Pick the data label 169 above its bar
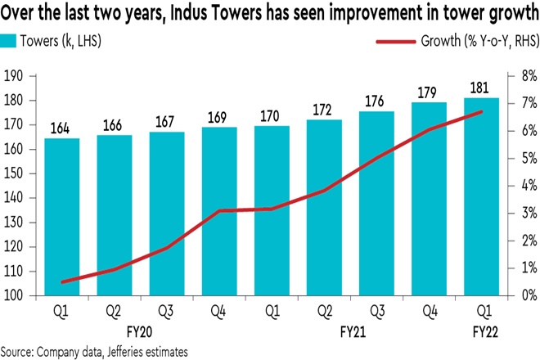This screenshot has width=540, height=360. point(220,115)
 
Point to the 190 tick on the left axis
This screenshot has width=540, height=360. point(15,76)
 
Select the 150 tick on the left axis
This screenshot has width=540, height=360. point(15,173)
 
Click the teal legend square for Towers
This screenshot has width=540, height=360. point(7,38)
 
